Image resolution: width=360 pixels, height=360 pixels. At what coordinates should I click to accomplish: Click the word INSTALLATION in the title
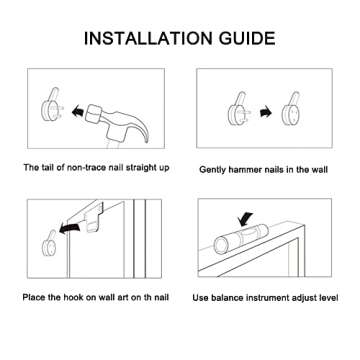pos(148,38)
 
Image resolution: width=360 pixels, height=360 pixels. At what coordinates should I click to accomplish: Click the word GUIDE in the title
pos(247,38)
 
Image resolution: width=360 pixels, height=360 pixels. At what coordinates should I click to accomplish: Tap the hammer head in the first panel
pos(95,114)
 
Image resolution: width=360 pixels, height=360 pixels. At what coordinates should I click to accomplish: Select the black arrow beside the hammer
pos(77,111)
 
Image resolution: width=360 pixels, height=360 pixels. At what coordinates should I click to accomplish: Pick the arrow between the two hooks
pos(266,112)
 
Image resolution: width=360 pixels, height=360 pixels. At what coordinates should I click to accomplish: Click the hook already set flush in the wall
pos(291,109)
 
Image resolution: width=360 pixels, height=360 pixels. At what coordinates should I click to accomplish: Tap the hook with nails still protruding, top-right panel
pos(237,109)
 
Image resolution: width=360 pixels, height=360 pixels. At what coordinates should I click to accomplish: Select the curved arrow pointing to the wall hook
pos(70,229)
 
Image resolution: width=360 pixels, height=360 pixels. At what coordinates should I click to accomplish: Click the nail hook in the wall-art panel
pos(49,242)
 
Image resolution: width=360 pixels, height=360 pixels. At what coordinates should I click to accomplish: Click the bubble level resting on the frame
pos(241,237)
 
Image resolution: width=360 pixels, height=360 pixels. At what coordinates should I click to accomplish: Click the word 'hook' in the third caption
pos(76,297)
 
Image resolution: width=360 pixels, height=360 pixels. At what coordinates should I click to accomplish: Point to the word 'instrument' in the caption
pos(266,297)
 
